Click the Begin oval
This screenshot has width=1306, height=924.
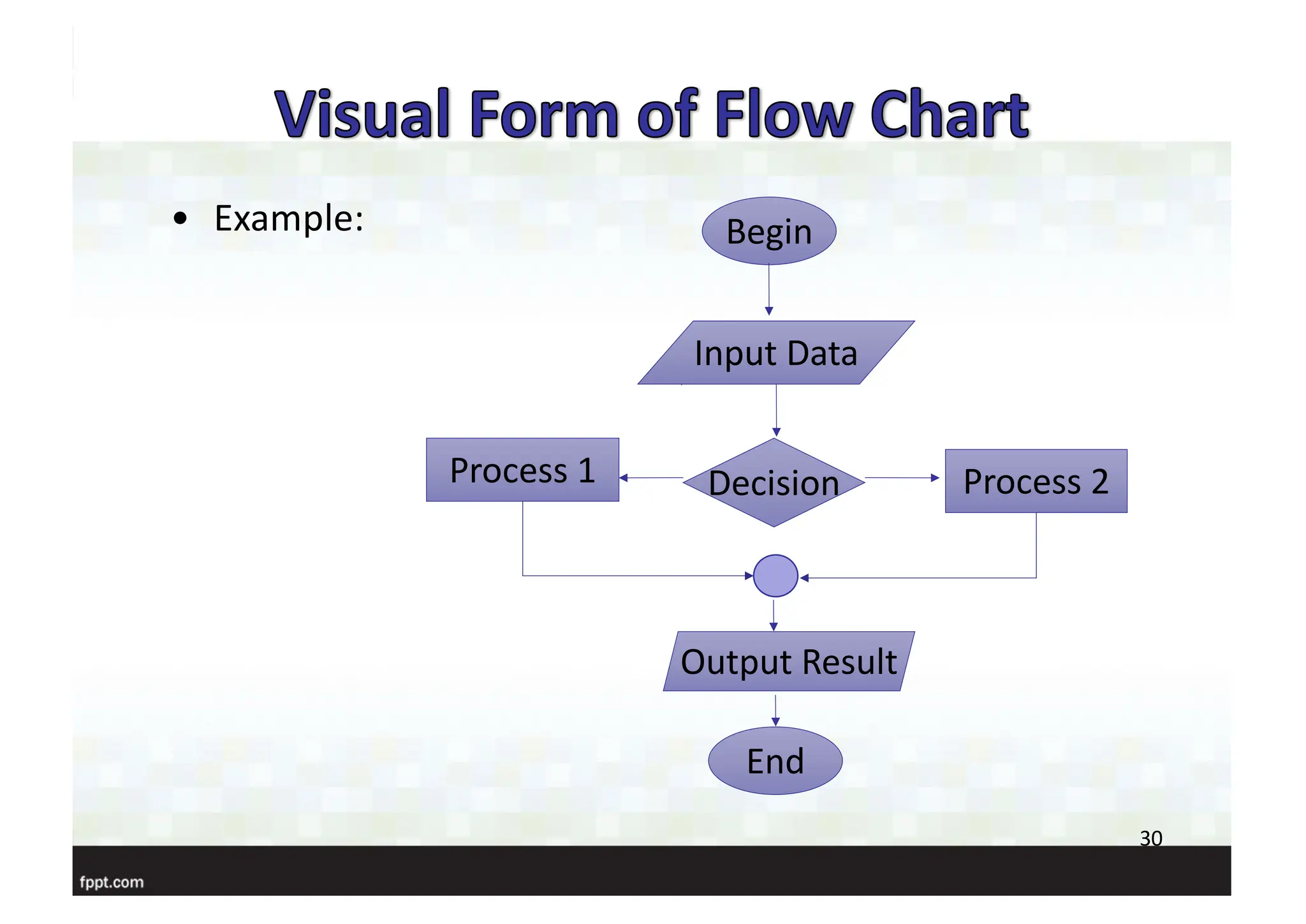(x=768, y=231)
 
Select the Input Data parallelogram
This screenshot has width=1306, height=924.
(x=775, y=353)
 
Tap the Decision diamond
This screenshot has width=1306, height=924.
(x=774, y=482)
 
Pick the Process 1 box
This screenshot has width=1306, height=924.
(x=522, y=470)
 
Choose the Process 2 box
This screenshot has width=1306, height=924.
(x=1036, y=481)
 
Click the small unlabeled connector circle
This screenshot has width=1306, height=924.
(x=775, y=576)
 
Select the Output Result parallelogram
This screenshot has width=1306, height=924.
(x=789, y=662)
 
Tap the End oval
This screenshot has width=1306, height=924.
(x=775, y=761)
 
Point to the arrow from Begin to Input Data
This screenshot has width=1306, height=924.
(x=769, y=290)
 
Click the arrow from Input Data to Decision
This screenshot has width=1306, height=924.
(x=776, y=410)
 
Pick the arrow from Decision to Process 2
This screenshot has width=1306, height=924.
(x=902, y=477)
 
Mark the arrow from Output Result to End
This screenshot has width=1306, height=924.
(x=775, y=710)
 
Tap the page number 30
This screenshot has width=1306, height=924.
(x=1150, y=838)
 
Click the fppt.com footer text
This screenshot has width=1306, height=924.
(x=112, y=883)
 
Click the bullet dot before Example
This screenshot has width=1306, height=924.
(x=180, y=219)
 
